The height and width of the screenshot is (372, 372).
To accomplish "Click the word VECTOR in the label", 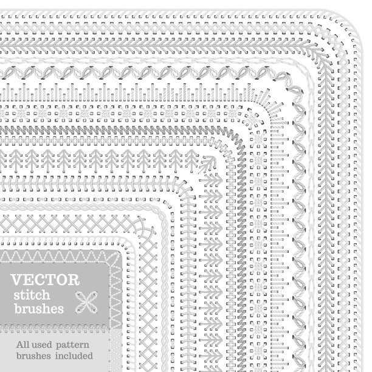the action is tap(45, 280).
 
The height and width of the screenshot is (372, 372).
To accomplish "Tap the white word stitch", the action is tap(32, 295).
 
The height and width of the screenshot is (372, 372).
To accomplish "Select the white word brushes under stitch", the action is tap(39, 309).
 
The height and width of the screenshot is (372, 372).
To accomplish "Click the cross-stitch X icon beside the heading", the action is tap(86, 302).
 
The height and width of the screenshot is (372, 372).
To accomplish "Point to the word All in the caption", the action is tap(22, 345).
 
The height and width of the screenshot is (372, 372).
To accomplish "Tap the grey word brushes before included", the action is tap(33, 356).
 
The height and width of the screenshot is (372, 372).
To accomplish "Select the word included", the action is tap(74, 356).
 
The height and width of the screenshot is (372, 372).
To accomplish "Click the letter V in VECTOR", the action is tap(16, 280).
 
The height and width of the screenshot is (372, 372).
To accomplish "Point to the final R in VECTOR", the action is tap(74, 280).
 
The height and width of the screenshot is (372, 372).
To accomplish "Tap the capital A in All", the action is tap(20, 345).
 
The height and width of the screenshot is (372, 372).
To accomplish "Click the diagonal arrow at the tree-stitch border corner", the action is tap(207, 164).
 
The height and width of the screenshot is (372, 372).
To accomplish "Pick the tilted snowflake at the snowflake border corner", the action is tap(253, 118).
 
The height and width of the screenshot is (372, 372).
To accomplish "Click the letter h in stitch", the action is tap(46, 295).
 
